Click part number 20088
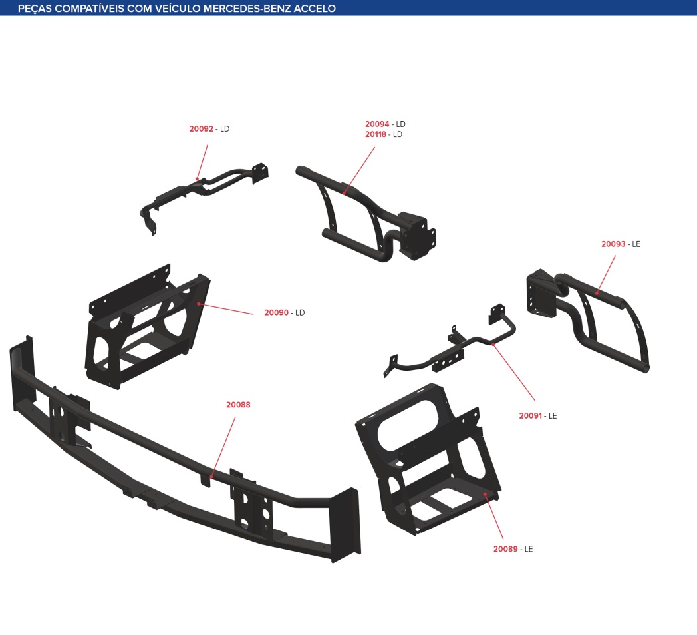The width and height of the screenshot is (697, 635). (x=238, y=405)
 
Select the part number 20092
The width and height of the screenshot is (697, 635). (x=202, y=128)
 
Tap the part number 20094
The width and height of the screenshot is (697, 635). (x=377, y=124)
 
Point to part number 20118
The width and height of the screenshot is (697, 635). (x=376, y=134)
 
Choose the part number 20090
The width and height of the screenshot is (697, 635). (x=277, y=312)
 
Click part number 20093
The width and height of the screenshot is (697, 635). (x=613, y=244)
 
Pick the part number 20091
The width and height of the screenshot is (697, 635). (x=531, y=415)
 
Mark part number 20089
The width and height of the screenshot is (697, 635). (x=506, y=549)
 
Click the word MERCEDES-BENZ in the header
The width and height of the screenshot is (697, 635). (x=247, y=9)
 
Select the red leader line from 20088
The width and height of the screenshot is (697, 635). (x=223, y=447)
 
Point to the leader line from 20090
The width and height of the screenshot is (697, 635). (x=226, y=309)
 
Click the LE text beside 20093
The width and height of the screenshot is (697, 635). (x=636, y=244)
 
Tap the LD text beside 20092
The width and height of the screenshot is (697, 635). (x=225, y=128)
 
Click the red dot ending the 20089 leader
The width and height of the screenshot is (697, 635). (x=485, y=493)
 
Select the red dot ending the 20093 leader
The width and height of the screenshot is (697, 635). (x=597, y=293)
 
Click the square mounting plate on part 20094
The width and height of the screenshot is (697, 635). (x=418, y=236)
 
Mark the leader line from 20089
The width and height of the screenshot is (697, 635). (x=494, y=517)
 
